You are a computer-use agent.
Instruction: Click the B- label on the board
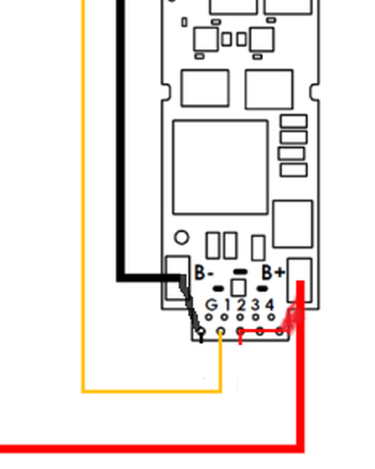[x=204, y=272]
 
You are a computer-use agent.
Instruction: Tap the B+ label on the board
[x=273, y=272]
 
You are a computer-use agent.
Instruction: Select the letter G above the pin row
[x=212, y=305]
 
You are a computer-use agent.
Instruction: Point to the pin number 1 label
[x=228, y=305]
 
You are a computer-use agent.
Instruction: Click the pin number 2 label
[x=241, y=305]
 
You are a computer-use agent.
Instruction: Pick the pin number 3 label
[x=255, y=305]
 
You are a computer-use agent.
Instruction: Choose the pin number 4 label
[x=270, y=305]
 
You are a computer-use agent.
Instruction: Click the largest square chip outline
[x=220, y=121]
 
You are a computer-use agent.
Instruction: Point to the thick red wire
[x=300, y=389]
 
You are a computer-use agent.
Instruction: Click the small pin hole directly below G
[x=209, y=317]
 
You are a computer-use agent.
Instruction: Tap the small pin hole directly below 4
[x=271, y=317]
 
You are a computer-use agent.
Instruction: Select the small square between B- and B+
[x=238, y=288]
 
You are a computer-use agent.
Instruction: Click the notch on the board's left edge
[x=166, y=92]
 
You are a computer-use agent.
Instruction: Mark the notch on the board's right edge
[x=314, y=92]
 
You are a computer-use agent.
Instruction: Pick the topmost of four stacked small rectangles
[x=294, y=121]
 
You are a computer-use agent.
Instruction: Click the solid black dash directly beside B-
[x=218, y=288]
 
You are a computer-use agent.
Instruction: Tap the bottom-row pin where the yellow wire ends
[x=220, y=331]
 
